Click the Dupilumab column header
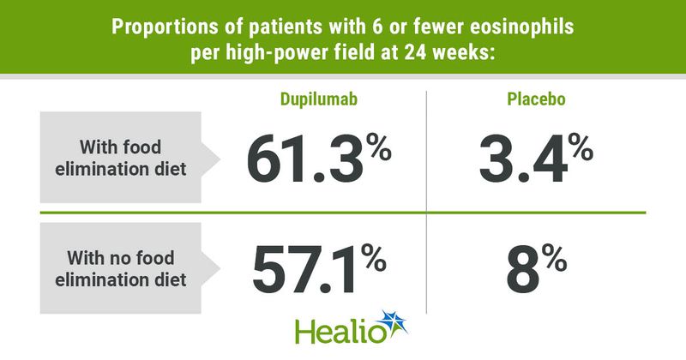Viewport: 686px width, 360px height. point(318,99)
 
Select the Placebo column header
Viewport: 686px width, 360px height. point(536,99)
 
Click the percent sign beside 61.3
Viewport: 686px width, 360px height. point(379,147)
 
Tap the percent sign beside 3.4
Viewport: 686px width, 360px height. point(581,147)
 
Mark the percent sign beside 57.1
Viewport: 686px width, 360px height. point(373,257)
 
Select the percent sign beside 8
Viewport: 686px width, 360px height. point(554,257)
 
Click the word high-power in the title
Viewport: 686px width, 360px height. point(268,53)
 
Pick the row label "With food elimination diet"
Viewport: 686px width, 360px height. point(121,158)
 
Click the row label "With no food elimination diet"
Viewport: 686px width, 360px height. point(121,268)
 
